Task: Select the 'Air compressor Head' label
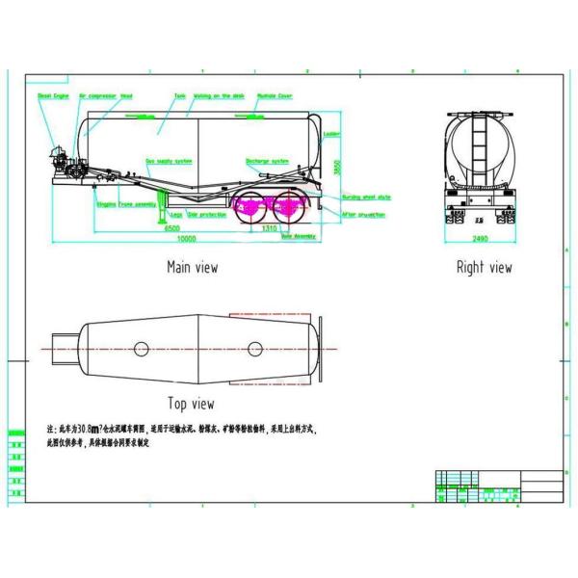point(106,96)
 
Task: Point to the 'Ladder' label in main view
point(331,134)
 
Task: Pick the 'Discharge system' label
point(267,161)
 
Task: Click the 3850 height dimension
point(337,167)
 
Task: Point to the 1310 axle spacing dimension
point(271,229)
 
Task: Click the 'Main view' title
point(192,268)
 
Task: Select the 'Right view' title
point(484,268)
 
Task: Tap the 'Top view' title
point(191,404)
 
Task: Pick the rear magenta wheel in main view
point(288,204)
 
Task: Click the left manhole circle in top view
point(142,348)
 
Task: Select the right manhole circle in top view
point(254,348)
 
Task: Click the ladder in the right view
point(479,144)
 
